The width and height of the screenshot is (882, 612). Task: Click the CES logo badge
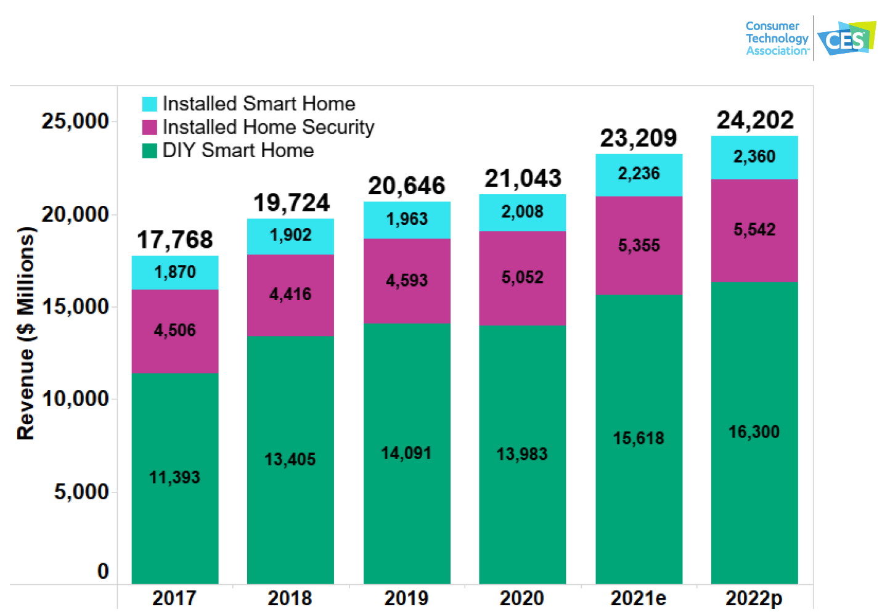[846, 38]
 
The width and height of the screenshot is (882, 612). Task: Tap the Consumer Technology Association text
[777, 38]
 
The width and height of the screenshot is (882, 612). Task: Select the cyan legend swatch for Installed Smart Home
[150, 104]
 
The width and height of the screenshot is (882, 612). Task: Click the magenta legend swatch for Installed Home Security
[150, 127]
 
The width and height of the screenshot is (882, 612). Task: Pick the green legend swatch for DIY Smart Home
[150, 150]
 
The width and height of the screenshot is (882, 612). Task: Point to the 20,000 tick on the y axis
[75, 214]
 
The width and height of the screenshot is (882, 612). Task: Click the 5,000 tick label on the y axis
[81, 492]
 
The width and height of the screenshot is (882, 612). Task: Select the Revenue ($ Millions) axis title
[25, 333]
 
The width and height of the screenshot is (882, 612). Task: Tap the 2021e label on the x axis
[638, 598]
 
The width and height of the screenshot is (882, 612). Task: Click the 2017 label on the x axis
[174, 598]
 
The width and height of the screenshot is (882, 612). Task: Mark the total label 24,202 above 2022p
[754, 120]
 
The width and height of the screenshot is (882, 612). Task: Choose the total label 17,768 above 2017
[174, 240]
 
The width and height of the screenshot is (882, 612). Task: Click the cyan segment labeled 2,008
[522, 213]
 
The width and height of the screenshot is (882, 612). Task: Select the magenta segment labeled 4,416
[290, 295]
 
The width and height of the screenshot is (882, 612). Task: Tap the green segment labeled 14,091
[406, 454]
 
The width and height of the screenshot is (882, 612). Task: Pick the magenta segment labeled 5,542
[754, 231]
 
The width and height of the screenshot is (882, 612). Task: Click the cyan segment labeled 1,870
[174, 272]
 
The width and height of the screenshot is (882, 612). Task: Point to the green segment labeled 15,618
[639, 439]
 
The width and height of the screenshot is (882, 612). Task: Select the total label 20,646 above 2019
[406, 186]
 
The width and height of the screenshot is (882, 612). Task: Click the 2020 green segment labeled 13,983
[522, 454]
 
